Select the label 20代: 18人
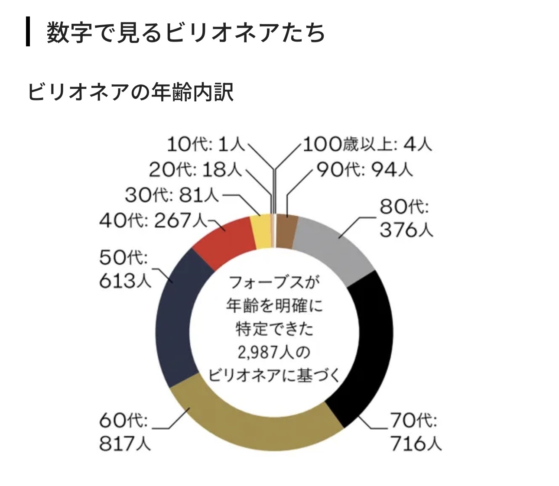195,170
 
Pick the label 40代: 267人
154,221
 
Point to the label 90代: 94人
364,170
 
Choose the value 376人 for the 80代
406,230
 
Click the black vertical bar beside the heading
28,32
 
